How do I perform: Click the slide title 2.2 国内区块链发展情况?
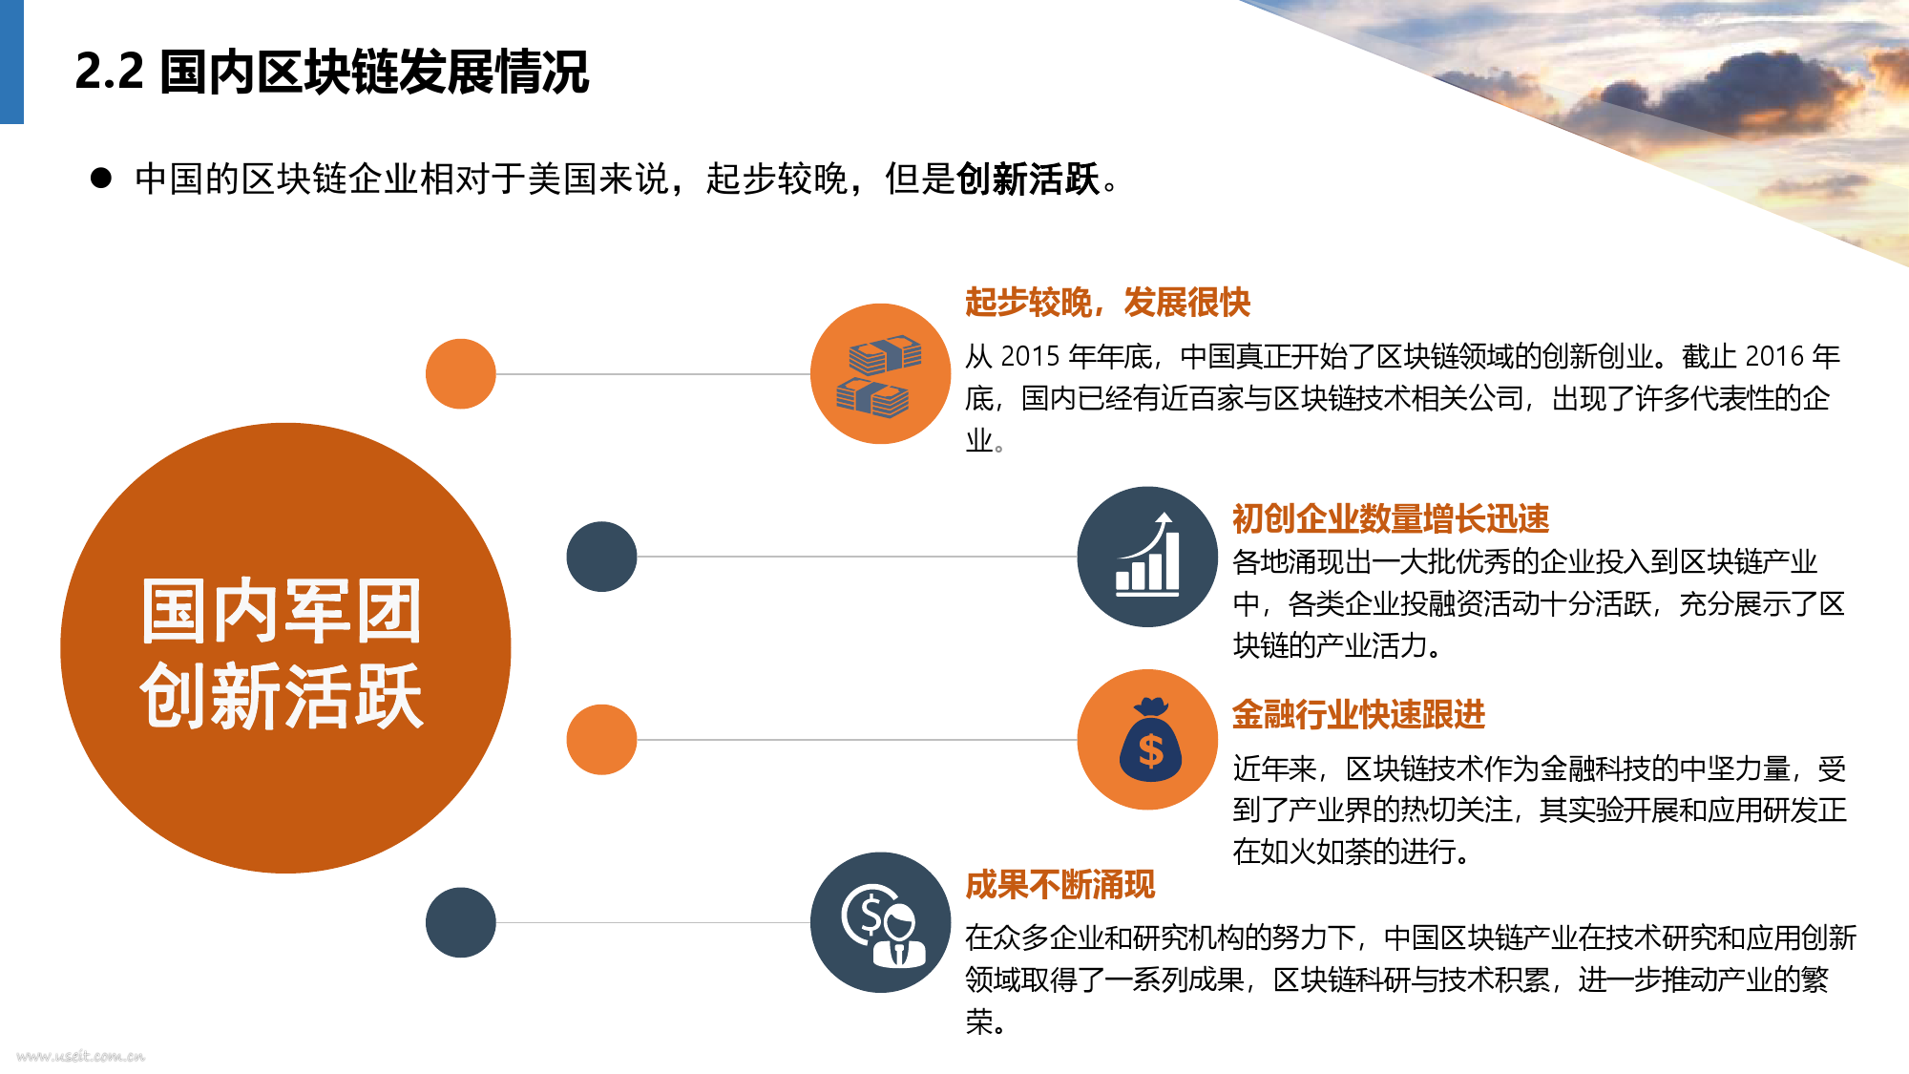tap(331, 72)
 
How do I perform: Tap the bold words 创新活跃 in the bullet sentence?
tap(1028, 179)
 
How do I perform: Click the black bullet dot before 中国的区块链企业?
tap(101, 179)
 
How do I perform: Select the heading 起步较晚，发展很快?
tap(1107, 302)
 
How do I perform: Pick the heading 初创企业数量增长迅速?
tap(1391, 518)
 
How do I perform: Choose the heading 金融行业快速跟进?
tap(1358, 714)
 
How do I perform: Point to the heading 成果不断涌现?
tap(1059, 884)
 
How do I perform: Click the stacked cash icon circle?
tap(880, 373)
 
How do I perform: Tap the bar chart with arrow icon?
tap(1147, 557)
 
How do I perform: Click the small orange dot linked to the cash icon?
tap(461, 374)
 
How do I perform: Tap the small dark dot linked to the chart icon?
tap(601, 557)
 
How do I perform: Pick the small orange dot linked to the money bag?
tap(601, 740)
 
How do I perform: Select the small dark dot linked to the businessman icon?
tap(461, 922)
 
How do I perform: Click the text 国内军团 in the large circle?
tap(282, 611)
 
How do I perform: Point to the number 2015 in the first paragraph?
tap(1030, 356)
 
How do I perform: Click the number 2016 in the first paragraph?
tap(1774, 356)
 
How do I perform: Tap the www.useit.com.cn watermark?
tap(80, 1056)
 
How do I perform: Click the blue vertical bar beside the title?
tap(11, 62)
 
